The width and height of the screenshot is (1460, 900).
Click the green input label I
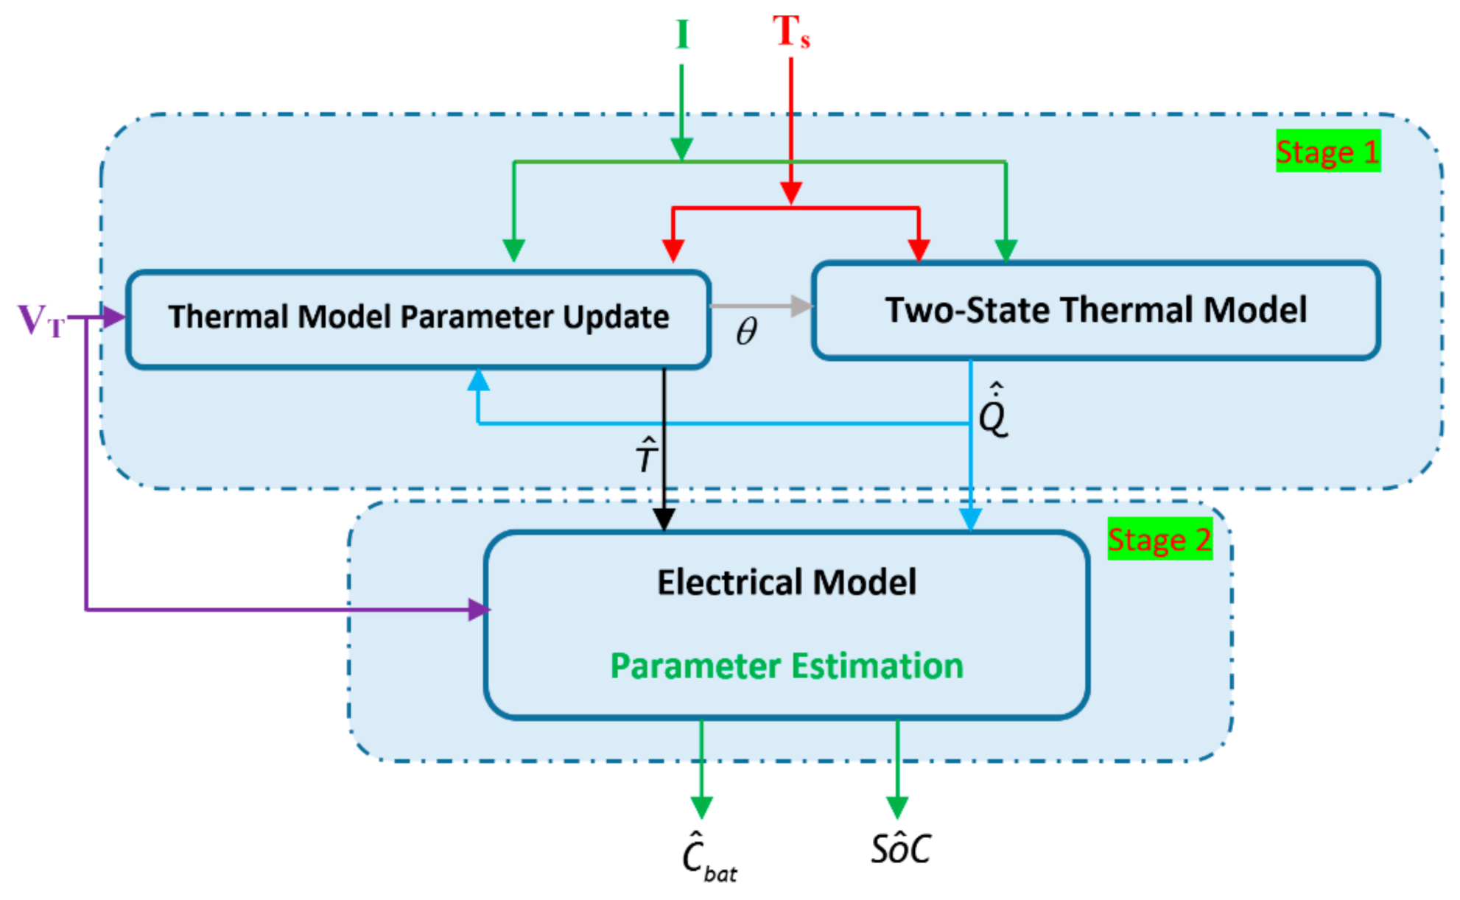pyautogui.click(x=682, y=35)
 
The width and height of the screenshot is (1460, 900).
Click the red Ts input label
pyautogui.click(x=791, y=32)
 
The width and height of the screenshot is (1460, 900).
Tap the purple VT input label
pyautogui.click(x=41, y=320)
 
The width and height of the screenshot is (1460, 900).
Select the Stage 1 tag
pyautogui.click(x=1327, y=152)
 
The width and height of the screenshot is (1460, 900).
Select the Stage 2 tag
pyautogui.click(x=1159, y=540)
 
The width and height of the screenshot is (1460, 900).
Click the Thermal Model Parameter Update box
pyautogui.click(x=418, y=318)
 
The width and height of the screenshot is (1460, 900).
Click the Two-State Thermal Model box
pyautogui.click(x=1095, y=310)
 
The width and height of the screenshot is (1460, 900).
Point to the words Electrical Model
pyautogui.click(x=787, y=582)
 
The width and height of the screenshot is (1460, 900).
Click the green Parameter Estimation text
pyautogui.click(x=787, y=666)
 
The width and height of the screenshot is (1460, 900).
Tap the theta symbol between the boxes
pyautogui.click(x=746, y=331)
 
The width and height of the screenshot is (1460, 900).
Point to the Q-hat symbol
pyautogui.click(x=993, y=412)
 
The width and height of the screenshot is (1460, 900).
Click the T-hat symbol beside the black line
pyautogui.click(x=646, y=454)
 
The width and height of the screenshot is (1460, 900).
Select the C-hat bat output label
pyautogui.click(x=707, y=857)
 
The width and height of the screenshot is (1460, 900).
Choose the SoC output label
pyautogui.click(x=900, y=848)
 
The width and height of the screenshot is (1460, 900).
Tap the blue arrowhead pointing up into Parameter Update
pyautogui.click(x=479, y=381)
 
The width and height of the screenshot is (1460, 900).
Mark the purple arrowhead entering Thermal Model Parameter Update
pyautogui.click(x=113, y=317)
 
